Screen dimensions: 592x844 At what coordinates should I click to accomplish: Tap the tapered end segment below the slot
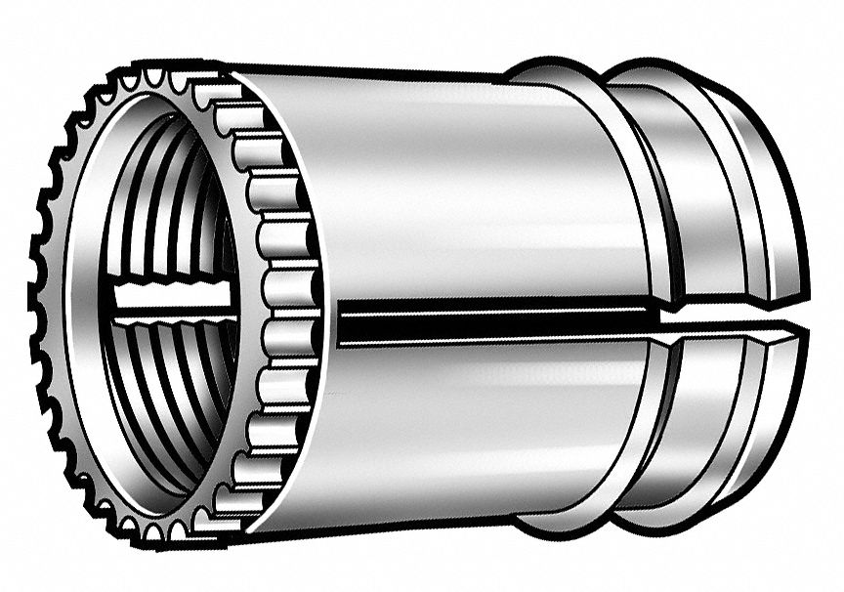click(762, 420)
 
